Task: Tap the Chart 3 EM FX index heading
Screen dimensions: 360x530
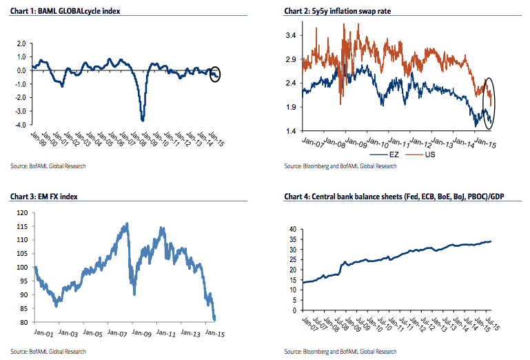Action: pos(43,197)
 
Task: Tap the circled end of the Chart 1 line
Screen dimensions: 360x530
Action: pos(215,73)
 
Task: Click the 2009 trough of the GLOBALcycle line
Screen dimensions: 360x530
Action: pos(143,119)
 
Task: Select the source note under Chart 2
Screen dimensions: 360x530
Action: pos(340,167)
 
